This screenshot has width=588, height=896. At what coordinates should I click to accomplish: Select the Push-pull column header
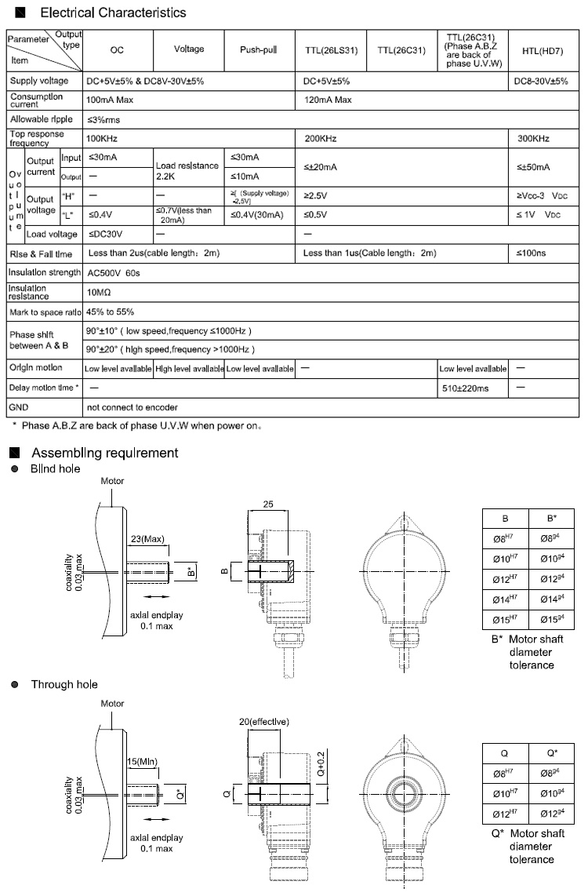coord(259,49)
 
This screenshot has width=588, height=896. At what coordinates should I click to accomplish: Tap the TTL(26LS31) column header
coord(331,51)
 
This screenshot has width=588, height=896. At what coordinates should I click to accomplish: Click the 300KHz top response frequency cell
coord(533,139)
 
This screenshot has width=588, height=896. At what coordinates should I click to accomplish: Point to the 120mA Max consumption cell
coord(328,100)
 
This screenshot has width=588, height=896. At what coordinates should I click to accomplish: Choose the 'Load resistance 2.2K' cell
coord(187,172)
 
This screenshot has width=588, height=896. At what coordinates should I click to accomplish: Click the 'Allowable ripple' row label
coord(41,120)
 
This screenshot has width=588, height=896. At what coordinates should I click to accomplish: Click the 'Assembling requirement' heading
coord(104,453)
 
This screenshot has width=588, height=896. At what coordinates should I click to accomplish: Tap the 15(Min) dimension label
coord(142,762)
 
